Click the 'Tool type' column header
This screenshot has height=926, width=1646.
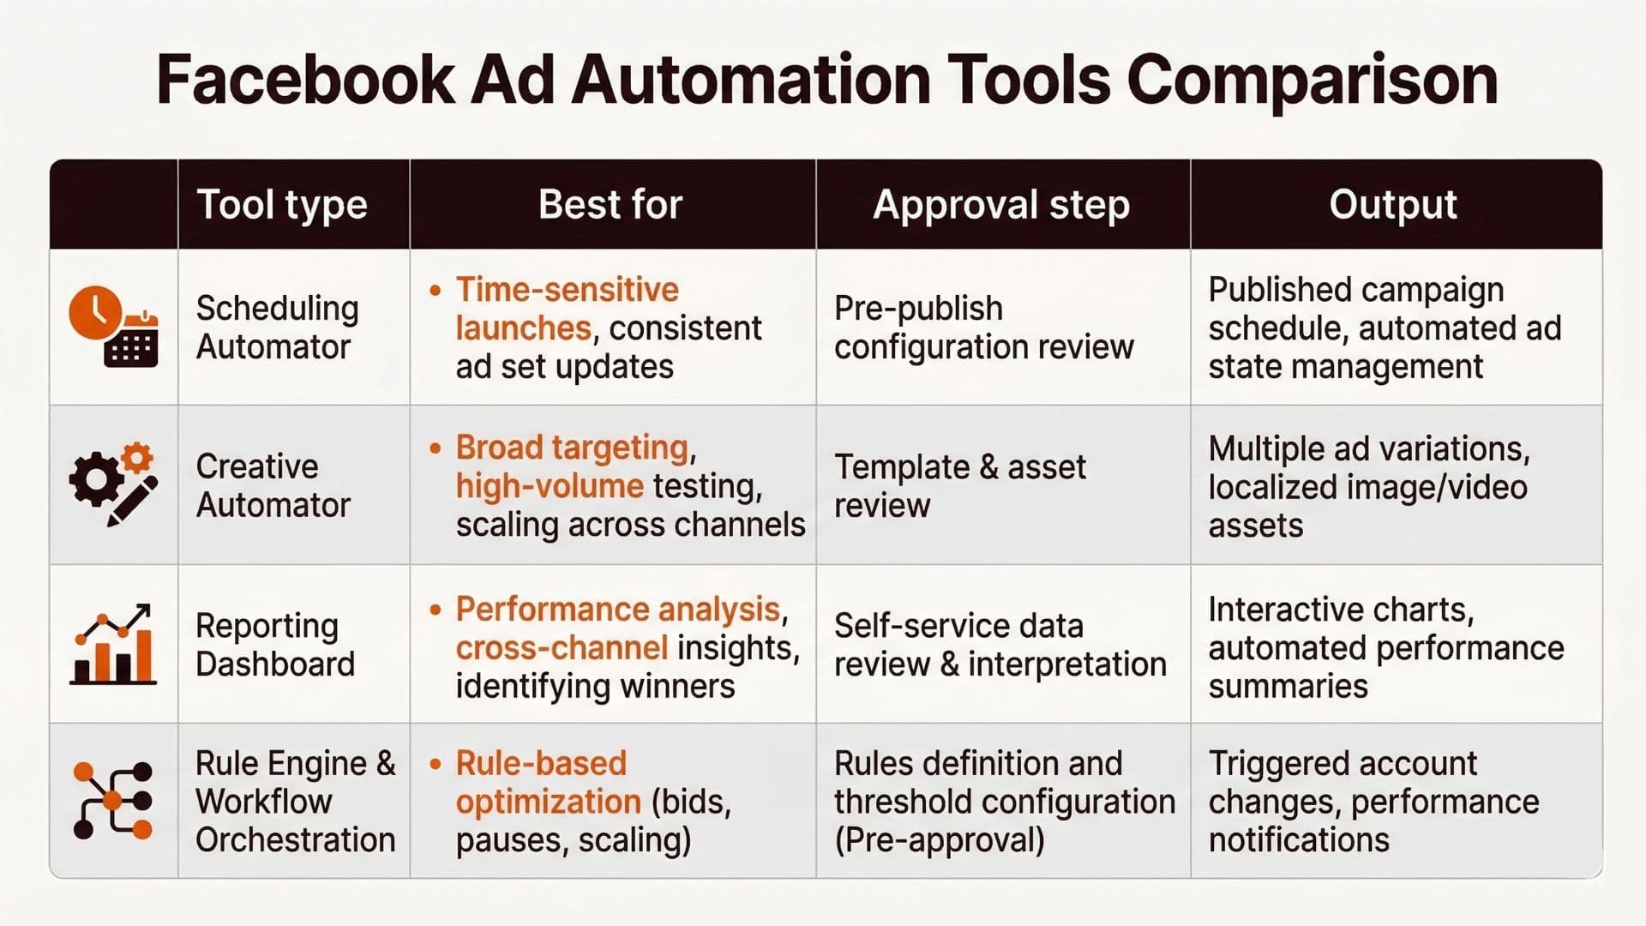(x=282, y=205)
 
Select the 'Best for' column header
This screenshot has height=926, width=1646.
(x=610, y=205)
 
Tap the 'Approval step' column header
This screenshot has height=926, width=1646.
(x=1001, y=205)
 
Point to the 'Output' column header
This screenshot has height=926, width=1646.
(x=1393, y=205)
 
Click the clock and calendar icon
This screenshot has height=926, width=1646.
(x=113, y=327)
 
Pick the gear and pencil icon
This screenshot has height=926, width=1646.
(x=113, y=484)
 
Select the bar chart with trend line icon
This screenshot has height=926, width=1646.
(x=113, y=644)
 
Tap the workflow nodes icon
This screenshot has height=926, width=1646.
(x=113, y=801)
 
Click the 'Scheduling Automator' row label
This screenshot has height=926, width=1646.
(x=277, y=328)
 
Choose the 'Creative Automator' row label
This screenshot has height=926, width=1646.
(x=273, y=485)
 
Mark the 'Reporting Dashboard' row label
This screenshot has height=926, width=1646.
(x=275, y=645)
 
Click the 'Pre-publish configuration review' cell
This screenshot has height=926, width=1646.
(x=983, y=328)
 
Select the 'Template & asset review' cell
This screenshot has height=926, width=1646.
(x=959, y=486)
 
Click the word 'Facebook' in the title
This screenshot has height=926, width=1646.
(x=305, y=81)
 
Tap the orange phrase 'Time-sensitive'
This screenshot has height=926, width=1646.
(x=567, y=290)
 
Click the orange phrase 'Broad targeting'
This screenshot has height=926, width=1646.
(x=572, y=448)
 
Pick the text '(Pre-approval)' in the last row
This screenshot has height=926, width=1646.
(x=940, y=840)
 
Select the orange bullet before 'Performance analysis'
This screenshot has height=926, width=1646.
(x=436, y=610)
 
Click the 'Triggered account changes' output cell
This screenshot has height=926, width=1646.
(x=1373, y=801)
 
